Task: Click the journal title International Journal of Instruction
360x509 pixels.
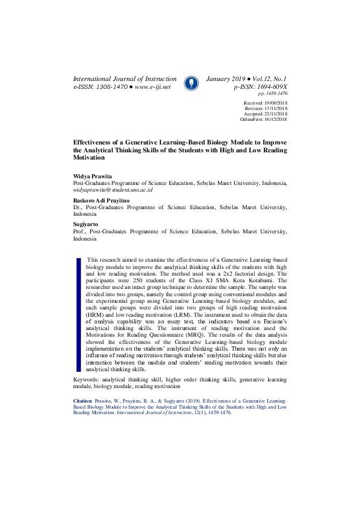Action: click(125, 79)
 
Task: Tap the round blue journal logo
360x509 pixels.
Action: click(191, 83)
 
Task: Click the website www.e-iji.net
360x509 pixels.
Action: click(152, 87)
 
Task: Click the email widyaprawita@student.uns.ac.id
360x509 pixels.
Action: click(113, 190)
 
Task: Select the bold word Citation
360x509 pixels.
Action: click(83, 400)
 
